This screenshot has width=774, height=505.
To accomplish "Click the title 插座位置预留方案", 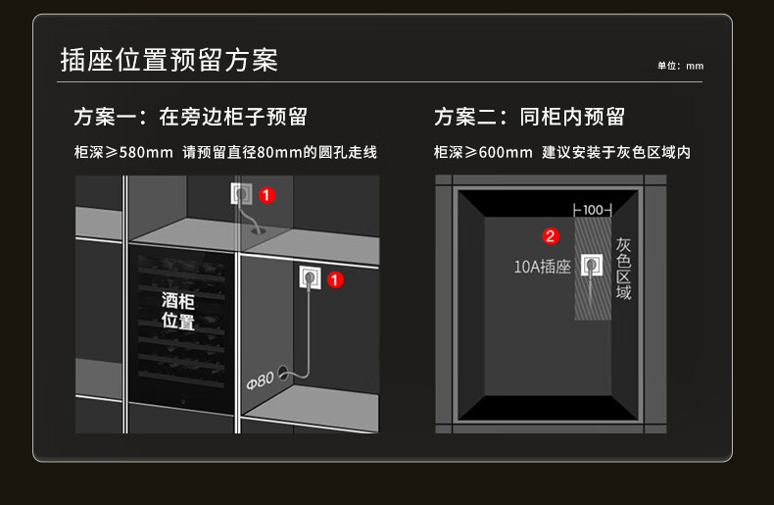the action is tap(169, 60).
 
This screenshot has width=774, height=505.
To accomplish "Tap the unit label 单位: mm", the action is tap(680, 66).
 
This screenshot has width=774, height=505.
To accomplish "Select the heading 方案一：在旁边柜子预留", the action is tap(190, 118).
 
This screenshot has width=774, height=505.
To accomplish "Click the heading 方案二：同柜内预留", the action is tap(529, 118).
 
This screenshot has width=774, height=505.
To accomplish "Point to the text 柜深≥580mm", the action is tap(122, 153).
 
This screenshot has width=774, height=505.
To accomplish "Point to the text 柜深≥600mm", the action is tap(483, 153).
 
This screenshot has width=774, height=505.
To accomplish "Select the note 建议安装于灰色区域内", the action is tap(616, 153).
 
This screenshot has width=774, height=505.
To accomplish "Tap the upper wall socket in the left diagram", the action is tap(241, 194).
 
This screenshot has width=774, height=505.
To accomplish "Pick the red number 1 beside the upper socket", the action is tap(267, 195).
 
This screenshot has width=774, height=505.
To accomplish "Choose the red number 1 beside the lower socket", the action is tap(335, 279).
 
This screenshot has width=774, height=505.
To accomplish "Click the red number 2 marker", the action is tap(551, 235).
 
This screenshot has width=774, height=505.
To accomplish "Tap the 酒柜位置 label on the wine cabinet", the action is tap(178, 310).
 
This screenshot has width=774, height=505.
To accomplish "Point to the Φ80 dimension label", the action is tap(260, 378).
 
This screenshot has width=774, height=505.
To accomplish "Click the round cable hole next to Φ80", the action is tap(284, 372).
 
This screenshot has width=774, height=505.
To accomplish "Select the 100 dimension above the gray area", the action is tap(592, 210).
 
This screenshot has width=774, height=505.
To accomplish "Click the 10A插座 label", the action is tap(542, 266).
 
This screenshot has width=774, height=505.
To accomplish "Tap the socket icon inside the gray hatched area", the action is tap(592, 265).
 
